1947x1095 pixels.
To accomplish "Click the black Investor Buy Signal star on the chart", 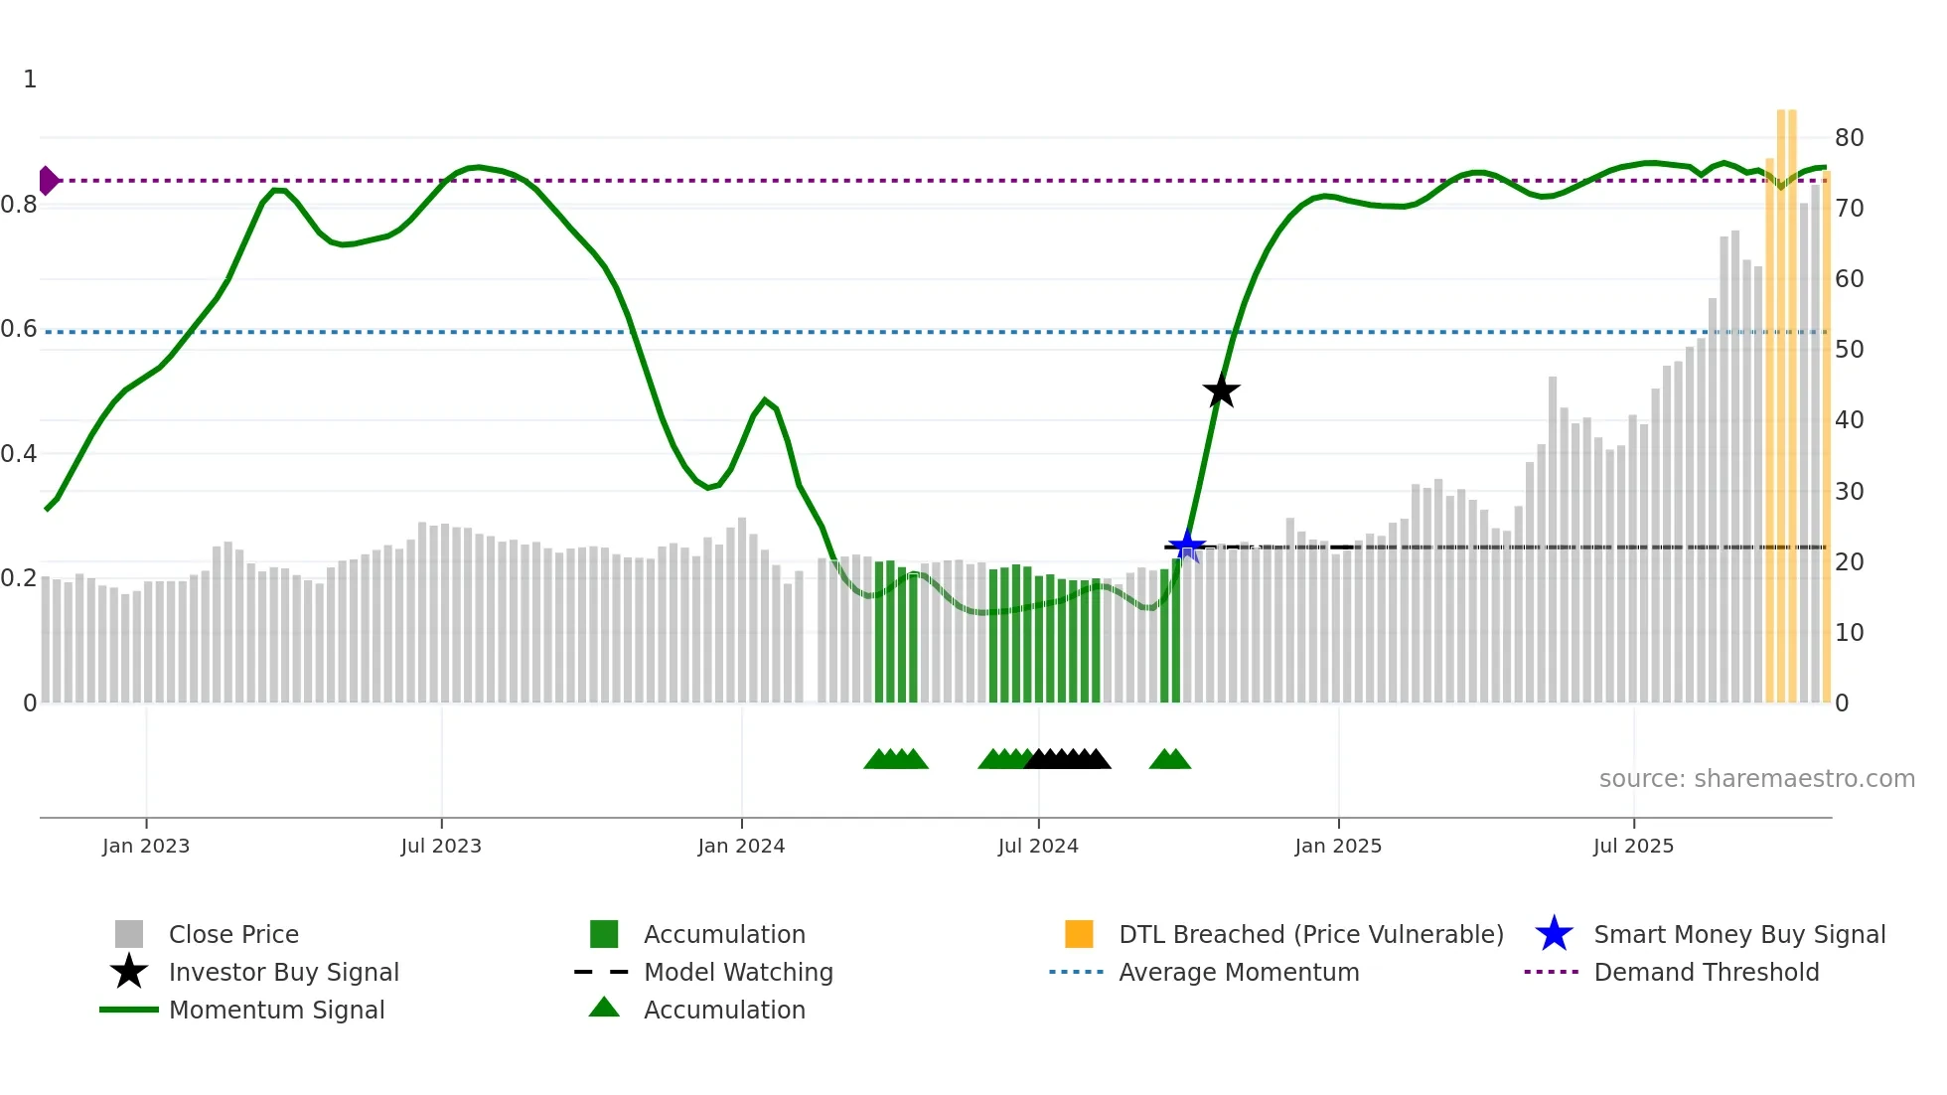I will click(x=1221, y=391).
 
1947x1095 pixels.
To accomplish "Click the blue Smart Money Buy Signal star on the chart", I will click(x=1186, y=546).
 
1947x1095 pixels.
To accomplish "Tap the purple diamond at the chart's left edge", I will click(x=48, y=181).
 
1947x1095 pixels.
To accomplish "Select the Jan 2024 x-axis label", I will click(x=741, y=846).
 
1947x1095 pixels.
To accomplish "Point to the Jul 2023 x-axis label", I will click(x=441, y=846).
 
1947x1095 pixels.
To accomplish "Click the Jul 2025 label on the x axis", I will click(x=1633, y=846).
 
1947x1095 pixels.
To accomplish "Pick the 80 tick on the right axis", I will click(x=1849, y=137).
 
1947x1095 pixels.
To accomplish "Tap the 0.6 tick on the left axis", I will click(x=19, y=329).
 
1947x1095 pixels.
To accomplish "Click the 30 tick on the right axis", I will click(x=1849, y=491).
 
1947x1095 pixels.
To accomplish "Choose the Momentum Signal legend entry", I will click(x=276, y=1010).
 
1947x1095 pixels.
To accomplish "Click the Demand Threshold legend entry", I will click(x=1706, y=972).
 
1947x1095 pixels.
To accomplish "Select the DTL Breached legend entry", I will click(x=1310, y=934).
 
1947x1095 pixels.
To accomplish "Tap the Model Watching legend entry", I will click(x=738, y=972).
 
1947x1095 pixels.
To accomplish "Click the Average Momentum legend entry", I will click(x=1239, y=972).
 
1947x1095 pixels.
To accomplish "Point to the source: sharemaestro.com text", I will click(x=1756, y=778).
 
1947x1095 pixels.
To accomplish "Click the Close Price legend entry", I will click(x=233, y=934).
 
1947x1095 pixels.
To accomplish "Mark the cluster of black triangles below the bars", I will click(x=1068, y=759).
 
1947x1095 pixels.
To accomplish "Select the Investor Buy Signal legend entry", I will click(x=283, y=972).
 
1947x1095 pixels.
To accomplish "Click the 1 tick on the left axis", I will click(x=30, y=79).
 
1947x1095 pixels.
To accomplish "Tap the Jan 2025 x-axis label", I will click(x=1338, y=846).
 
